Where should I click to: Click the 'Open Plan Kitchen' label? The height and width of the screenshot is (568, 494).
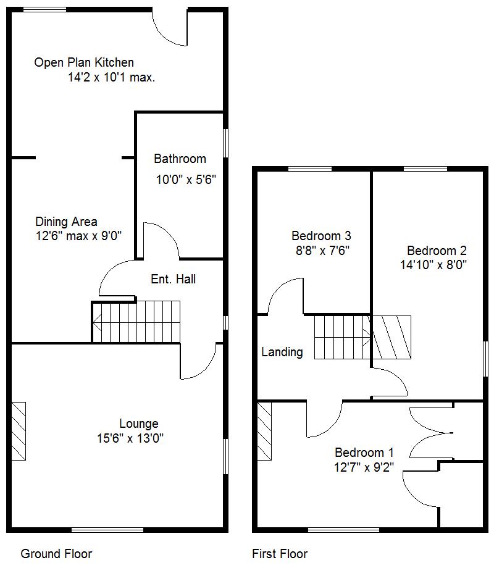tap(84, 62)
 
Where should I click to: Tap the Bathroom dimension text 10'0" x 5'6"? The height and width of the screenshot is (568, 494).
tap(185, 180)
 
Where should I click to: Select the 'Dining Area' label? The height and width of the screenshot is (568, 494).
tap(66, 222)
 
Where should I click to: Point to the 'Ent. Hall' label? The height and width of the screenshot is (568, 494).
tap(173, 279)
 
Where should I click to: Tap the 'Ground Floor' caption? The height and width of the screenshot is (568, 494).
tap(56, 553)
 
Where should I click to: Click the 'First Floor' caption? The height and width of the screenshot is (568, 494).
tap(280, 553)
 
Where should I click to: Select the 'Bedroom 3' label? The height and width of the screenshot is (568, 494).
tap(321, 235)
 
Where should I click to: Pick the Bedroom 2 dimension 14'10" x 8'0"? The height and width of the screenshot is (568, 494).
tap(433, 265)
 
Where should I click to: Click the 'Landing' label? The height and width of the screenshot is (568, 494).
tap(282, 352)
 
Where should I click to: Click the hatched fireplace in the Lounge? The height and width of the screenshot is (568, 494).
tap(19, 431)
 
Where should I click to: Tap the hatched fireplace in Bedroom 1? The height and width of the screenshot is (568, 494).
tap(264, 431)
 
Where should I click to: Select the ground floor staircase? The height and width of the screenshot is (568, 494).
tap(136, 321)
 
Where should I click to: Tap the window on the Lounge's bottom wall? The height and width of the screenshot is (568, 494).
tap(107, 529)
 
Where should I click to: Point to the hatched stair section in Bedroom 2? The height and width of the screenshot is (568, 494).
tap(391, 337)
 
